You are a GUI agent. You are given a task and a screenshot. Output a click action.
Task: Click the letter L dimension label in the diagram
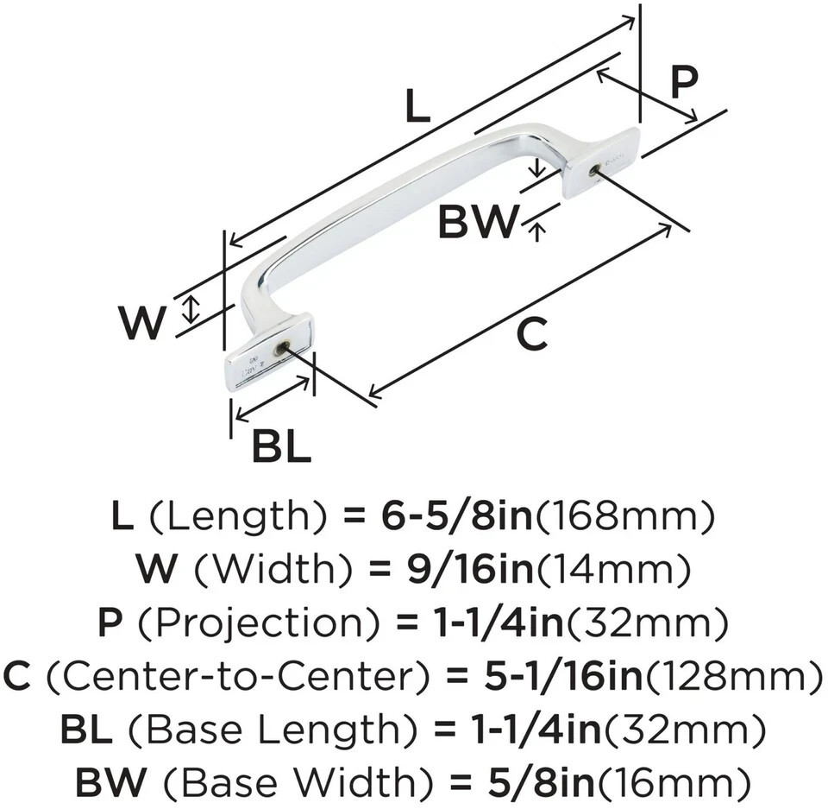417,106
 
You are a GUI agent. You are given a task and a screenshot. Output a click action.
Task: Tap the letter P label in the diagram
684,83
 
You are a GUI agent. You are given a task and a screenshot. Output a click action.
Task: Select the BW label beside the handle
476,222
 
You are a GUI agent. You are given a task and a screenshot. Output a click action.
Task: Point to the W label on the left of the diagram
142,323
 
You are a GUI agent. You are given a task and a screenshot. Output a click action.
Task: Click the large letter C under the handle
532,333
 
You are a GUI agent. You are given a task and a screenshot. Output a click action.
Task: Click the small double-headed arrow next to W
191,309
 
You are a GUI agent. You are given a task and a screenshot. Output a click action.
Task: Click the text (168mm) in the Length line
625,515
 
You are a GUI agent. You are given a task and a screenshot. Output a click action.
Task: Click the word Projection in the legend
258,623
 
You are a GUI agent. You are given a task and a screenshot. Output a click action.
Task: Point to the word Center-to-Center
236,676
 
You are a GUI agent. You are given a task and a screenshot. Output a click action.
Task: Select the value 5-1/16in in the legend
563,676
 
